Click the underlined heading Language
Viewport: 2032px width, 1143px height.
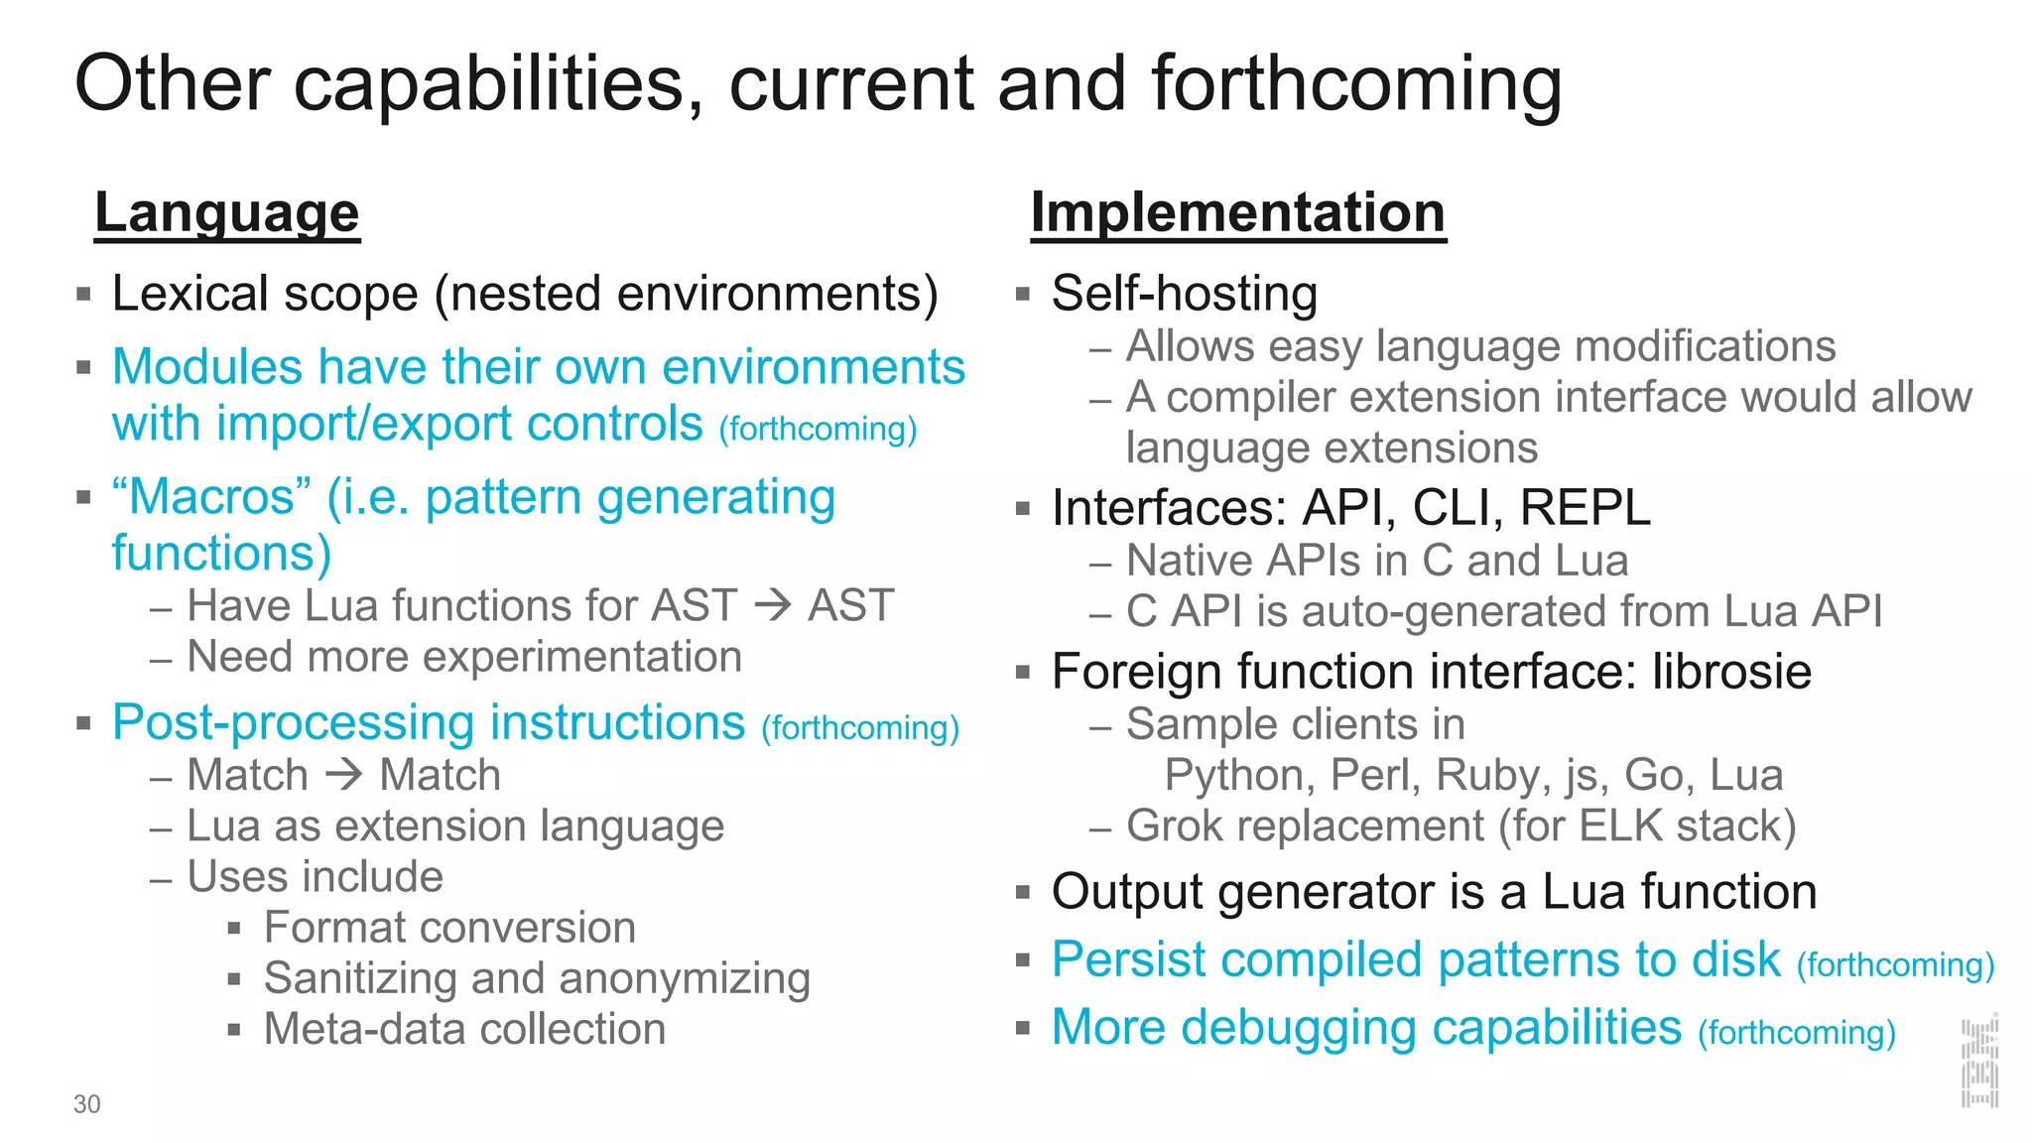(x=226, y=212)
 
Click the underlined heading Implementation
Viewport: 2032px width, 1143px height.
(x=1237, y=212)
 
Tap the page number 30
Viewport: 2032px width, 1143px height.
(x=86, y=1104)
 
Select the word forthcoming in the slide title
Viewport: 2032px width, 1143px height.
(x=1356, y=83)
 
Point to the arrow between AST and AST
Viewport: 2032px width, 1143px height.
(x=773, y=604)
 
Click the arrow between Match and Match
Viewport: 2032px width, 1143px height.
(x=344, y=774)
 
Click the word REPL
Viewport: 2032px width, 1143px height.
(x=1585, y=507)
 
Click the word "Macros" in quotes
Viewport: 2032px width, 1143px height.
(x=211, y=496)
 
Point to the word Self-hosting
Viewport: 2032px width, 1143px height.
(x=1184, y=294)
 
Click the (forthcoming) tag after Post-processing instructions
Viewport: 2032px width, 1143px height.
(x=860, y=728)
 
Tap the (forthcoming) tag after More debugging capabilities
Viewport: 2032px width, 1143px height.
(x=1797, y=1033)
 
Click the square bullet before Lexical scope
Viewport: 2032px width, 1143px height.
(x=83, y=295)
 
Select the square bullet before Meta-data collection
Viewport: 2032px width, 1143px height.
(x=234, y=1030)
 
